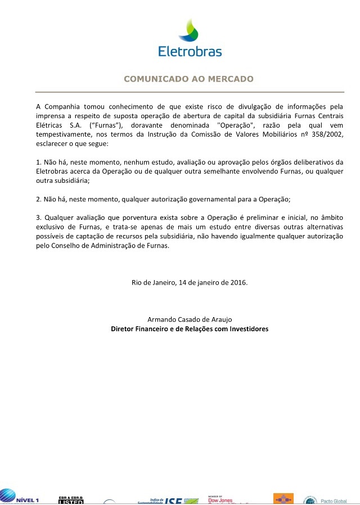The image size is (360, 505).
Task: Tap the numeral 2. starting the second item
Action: coord(39,199)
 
